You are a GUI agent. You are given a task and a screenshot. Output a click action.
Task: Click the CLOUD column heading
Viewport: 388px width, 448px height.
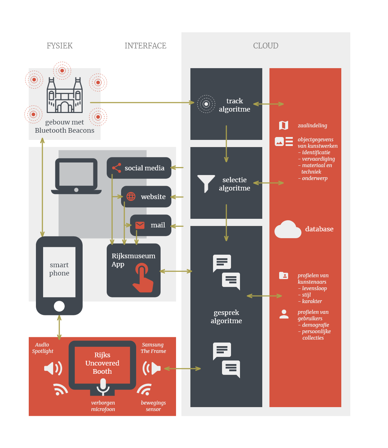point(265,46)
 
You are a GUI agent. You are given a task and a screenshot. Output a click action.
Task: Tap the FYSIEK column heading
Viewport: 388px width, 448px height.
point(60,46)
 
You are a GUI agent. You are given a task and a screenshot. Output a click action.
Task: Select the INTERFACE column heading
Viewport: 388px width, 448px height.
point(145,46)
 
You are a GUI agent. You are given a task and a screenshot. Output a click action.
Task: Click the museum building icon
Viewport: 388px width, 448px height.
point(65,95)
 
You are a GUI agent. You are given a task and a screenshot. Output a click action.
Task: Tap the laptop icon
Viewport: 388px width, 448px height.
point(76,176)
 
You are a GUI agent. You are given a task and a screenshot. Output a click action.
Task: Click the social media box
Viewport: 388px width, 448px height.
point(139,168)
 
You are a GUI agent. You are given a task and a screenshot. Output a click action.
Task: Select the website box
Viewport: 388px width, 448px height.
point(146,197)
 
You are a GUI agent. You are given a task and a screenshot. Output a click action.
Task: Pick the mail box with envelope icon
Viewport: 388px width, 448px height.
point(151,225)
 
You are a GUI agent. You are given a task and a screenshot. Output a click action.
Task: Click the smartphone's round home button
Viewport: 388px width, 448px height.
point(59,306)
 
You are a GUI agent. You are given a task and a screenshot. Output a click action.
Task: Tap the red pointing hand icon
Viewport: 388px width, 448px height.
point(143,278)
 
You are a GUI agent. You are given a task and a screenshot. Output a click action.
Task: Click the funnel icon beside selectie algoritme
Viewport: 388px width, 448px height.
point(206,183)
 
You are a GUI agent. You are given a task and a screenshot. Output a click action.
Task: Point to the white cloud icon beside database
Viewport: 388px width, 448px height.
point(287,230)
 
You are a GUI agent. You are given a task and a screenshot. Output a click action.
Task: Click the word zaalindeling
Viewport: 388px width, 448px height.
point(312,126)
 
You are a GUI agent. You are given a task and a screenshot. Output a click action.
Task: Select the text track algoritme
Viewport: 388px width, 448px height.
point(235,105)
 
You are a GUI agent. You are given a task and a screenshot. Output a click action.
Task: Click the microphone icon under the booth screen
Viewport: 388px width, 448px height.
point(103,386)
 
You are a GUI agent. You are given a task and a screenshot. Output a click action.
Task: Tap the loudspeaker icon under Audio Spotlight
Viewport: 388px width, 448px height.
point(53,368)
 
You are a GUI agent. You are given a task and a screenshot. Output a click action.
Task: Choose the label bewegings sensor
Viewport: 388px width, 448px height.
point(153,406)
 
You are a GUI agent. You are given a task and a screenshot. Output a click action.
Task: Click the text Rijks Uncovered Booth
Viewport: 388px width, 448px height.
point(102,363)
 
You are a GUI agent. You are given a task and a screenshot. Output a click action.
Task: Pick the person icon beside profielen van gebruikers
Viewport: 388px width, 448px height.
point(284,314)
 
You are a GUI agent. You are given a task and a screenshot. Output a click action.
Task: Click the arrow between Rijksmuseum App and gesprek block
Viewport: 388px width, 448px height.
point(176,271)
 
